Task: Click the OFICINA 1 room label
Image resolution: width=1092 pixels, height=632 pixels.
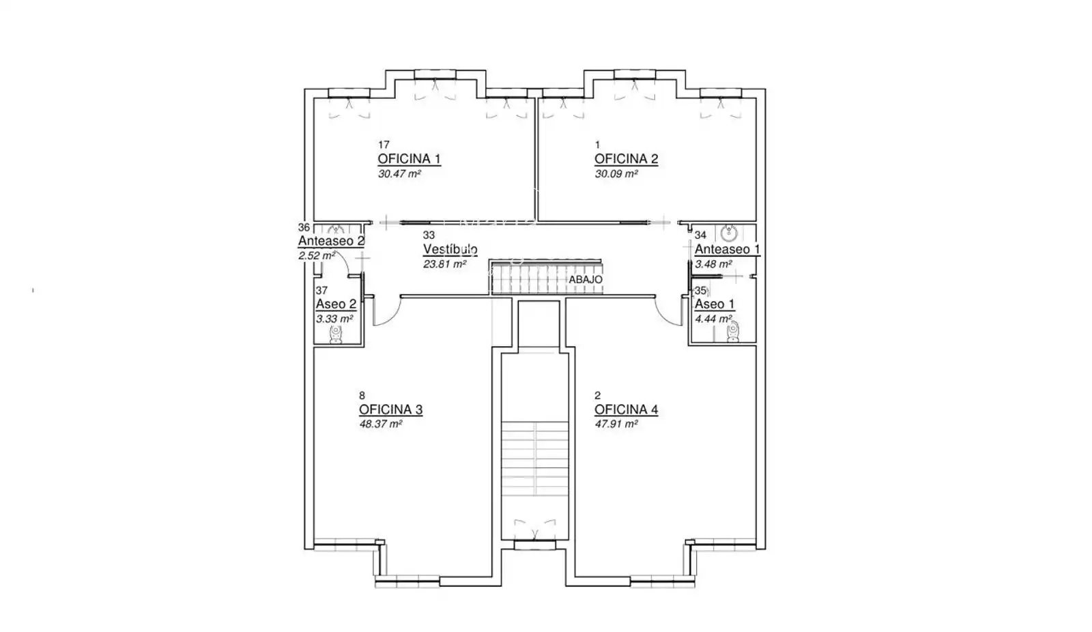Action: click(409, 159)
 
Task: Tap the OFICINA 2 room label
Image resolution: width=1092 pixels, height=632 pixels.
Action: click(626, 159)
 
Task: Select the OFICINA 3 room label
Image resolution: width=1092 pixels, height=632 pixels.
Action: click(390, 410)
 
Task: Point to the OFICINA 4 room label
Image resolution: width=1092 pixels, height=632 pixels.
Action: click(626, 410)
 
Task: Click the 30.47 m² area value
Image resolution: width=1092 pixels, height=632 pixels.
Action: click(399, 173)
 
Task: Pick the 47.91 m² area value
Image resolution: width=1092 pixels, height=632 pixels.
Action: click(616, 424)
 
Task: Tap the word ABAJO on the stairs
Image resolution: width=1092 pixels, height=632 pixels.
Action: click(586, 279)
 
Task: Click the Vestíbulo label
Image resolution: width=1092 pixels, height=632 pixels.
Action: click(450, 249)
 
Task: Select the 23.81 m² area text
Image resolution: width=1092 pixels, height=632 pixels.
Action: click(444, 264)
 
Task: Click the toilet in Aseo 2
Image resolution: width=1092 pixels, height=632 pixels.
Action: click(336, 334)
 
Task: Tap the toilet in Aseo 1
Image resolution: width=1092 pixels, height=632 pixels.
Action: click(733, 332)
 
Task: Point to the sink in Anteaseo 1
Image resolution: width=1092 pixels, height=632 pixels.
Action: click(728, 233)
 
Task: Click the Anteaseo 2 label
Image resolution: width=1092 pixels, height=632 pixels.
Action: click(331, 241)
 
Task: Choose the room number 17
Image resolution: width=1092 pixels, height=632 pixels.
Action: click(384, 145)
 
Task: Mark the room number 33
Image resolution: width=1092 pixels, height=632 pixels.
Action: click(429, 235)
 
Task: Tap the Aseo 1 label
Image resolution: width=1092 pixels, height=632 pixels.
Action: click(714, 304)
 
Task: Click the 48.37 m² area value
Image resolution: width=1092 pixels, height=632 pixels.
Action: click(381, 424)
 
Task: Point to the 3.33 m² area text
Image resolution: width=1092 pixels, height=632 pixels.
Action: click(334, 319)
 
